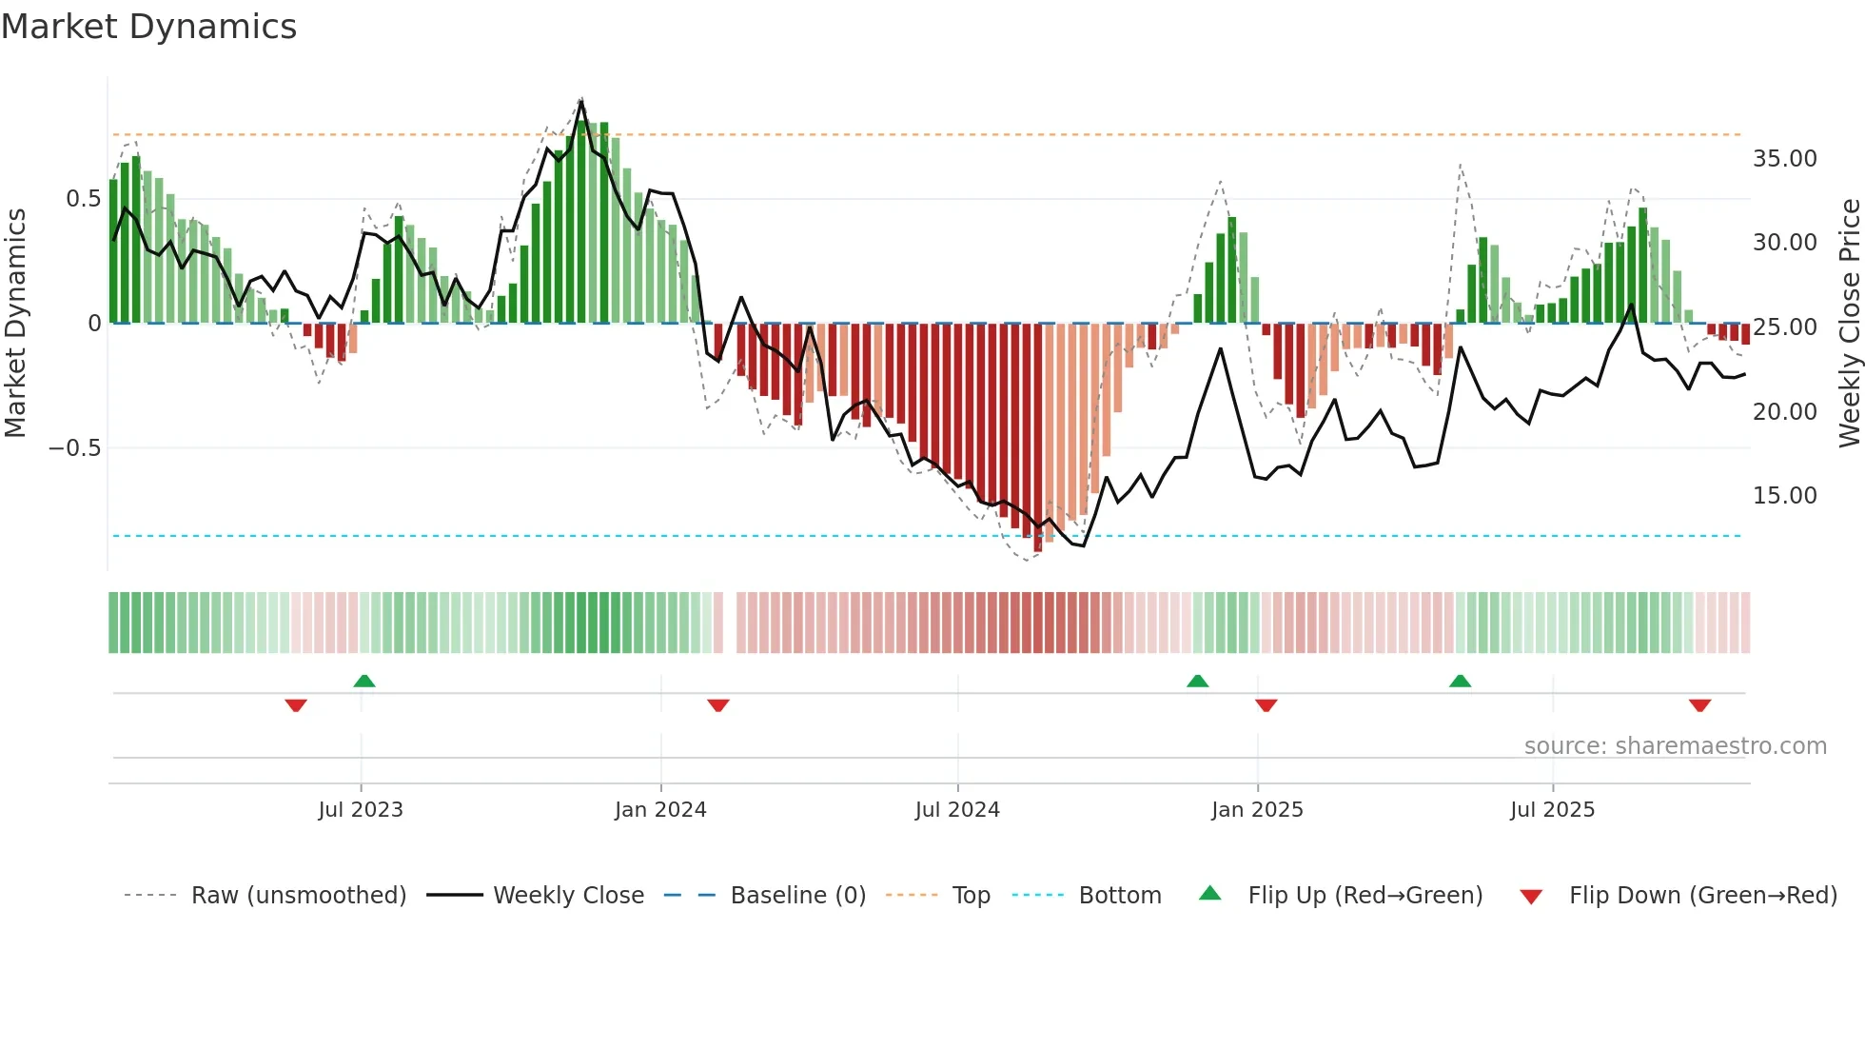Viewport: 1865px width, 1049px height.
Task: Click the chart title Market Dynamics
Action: click(148, 27)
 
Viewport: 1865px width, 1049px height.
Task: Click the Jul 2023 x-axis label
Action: click(361, 810)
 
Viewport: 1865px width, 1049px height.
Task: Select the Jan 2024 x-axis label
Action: click(660, 810)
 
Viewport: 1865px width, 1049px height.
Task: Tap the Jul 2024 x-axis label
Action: click(957, 810)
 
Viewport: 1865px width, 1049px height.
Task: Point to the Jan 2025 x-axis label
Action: click(1257, 810)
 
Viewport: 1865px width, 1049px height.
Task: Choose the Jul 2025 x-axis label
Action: click(1552, 810)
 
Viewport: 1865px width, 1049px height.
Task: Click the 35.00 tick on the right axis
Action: click(1784, 159)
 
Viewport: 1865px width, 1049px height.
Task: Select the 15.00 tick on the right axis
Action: click(1784, 496)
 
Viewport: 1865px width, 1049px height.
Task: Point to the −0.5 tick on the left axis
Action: click(74, 448)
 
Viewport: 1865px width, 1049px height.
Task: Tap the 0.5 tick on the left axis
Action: click(83, 199)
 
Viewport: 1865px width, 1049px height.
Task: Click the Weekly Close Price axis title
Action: click(1849, 323)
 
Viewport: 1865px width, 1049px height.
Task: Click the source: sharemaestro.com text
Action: click(1675, 746)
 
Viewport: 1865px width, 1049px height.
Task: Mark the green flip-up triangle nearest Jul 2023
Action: click(363, 681)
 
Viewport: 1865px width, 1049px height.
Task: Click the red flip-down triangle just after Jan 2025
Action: click(1266, 705)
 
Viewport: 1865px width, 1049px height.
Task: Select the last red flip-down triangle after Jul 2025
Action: click(1699, 705)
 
